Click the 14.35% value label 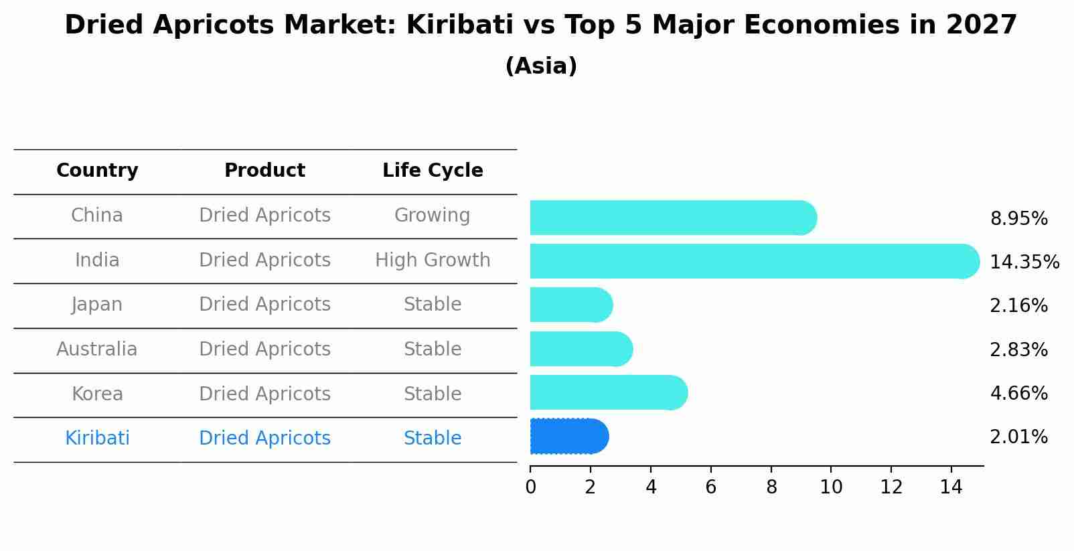[x=1024, y=262]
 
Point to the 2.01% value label [x=1018, y=437]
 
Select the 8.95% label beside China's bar [x=1018, y=218]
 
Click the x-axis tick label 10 [x=831, y=487]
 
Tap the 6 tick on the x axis [x=711, y=487]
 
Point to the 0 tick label [x=530, y=487]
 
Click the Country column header [x=97, y=171]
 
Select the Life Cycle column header [x=433, y=171]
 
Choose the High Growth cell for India [x=433, y=260]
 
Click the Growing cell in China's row [x=432, y=216]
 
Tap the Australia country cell [x=97, y=349]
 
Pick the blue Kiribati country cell [x=97, y=439]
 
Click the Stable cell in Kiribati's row [x=433, y=439]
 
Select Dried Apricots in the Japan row [x=264, y=305]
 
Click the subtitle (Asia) [x=541, y=66]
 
